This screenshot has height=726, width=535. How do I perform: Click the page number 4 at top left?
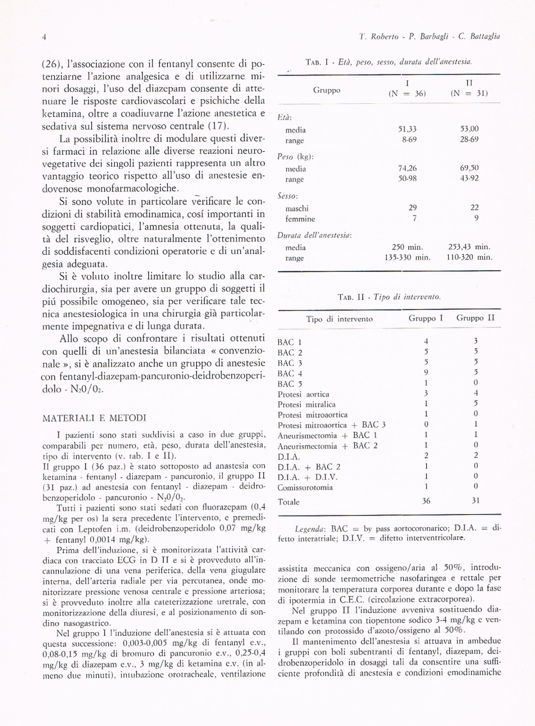pos(44,37)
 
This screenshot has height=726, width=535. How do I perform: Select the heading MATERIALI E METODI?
pos(94,418)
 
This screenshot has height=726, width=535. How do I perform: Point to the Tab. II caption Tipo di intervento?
pos(389,297)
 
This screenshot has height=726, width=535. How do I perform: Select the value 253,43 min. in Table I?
pos(469,247)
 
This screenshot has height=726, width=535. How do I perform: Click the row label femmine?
pos(300,219)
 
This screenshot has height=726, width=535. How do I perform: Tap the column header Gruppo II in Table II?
pos(475,318)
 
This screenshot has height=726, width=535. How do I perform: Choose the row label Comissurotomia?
pos(305,487)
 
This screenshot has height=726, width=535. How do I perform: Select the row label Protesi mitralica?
pos(307,405)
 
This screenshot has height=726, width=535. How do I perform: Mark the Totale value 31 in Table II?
pos(476,501)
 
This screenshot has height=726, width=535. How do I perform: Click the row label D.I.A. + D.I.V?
pos(307,477)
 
